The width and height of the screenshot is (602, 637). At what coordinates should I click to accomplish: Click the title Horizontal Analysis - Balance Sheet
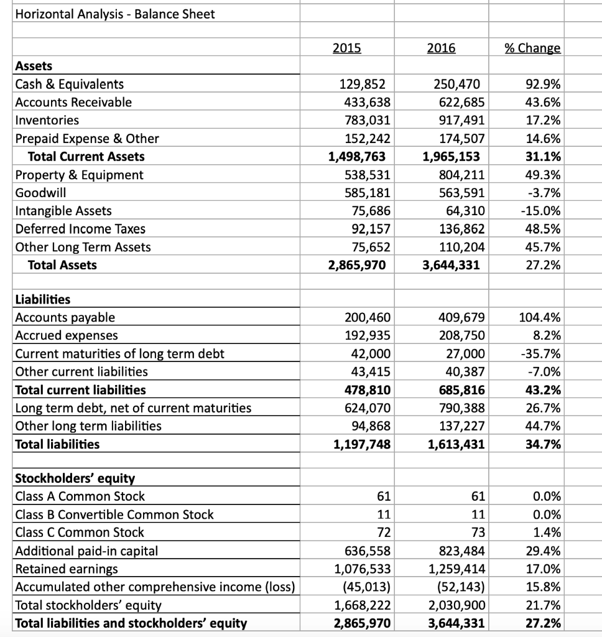click(x=114, y=14)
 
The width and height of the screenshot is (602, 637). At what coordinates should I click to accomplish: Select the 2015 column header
click(x=346, y=48)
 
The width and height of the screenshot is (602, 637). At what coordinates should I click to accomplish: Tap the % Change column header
click(x=532, y=48)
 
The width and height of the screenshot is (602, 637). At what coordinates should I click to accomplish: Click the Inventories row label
click(x=47, y=120)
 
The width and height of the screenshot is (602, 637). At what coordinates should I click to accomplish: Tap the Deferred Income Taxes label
click(x=80, y=229)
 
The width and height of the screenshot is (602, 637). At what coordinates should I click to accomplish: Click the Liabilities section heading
click(x=42, y=299)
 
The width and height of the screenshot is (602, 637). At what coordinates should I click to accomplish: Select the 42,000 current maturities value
click(x=371, y=354)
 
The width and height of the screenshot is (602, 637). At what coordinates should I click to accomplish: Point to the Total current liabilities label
click(x=80, y=390)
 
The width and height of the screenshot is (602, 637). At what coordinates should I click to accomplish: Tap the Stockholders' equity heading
click(x=74, y=478)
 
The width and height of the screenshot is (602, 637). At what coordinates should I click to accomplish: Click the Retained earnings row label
click(x=66, y=569)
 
